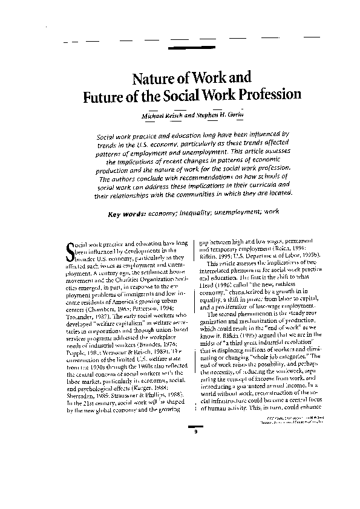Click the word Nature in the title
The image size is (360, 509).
(152, 79)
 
